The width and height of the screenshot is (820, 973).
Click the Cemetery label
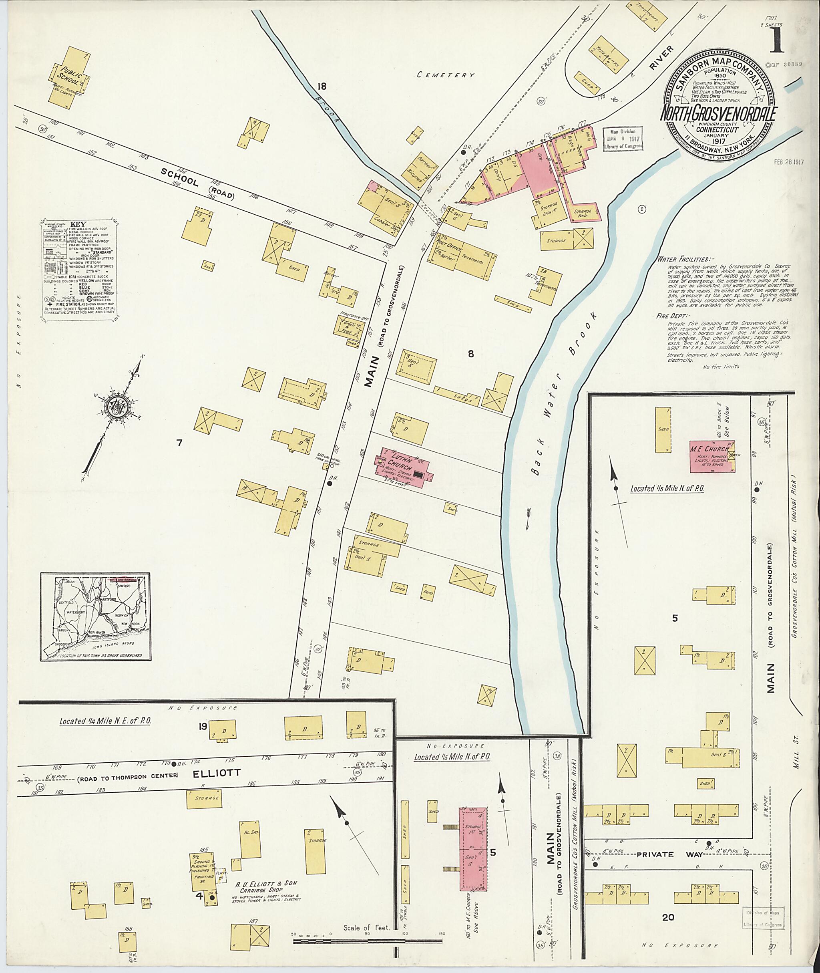[445, 75]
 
